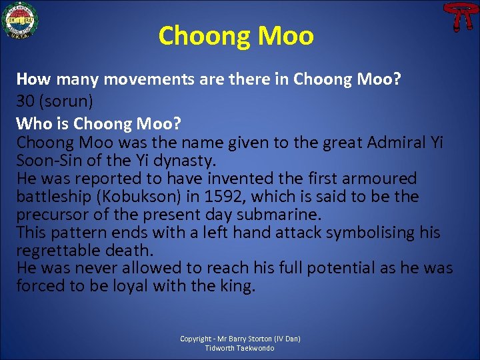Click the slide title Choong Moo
click(x=236, y=36)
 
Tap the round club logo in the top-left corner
click(x=20, y=20)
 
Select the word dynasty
click(x=184, y=161)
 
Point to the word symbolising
click(x=363, y=232)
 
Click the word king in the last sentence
click(x=238, y=286)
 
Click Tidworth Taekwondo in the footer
click(x=240, y=348)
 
